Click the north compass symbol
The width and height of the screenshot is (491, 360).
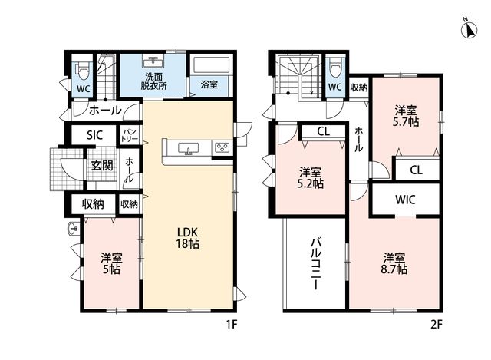tap(469, 29)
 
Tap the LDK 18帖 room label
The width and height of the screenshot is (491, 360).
tap(187, 238)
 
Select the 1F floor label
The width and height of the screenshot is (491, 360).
tap(232, 325)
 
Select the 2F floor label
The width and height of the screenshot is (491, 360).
tap(436, 325)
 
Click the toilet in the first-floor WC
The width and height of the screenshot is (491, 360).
tap(83, 71)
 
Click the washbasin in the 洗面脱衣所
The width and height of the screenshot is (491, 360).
tap(153, 61)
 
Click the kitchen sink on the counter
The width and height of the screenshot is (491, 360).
tap(188, 148)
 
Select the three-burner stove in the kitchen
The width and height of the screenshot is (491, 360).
tap(222, 147)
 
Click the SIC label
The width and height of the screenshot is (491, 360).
tap(94, 135)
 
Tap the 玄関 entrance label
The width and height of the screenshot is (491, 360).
tap(102, 166)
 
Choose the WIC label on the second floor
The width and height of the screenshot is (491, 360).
tap(405, 200)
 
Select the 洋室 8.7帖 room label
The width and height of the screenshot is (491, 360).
tap(394, 264)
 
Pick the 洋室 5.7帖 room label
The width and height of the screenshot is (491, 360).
tap(406, 116)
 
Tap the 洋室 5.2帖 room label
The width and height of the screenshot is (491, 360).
tap(310, 177)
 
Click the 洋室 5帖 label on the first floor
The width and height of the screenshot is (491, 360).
tap(112, 264)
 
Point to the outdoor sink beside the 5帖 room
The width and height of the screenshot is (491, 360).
tap(72, 229)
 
